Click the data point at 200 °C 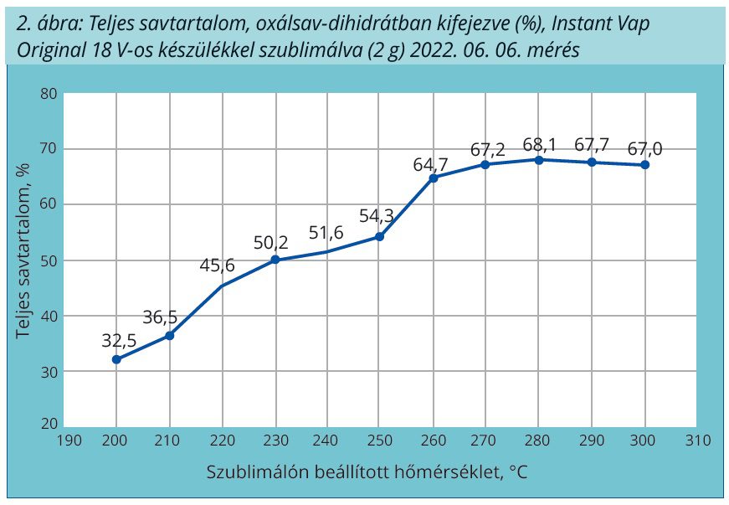point(116,359)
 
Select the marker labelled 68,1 point(539,159)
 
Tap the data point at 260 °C point(434,178)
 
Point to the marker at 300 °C point(645,165)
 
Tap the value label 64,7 point(431,164)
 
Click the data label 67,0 point(644,148)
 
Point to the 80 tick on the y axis point(48,93)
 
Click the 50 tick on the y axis point(48,260)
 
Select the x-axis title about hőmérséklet point(367,472)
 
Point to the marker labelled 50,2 point(275,260)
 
